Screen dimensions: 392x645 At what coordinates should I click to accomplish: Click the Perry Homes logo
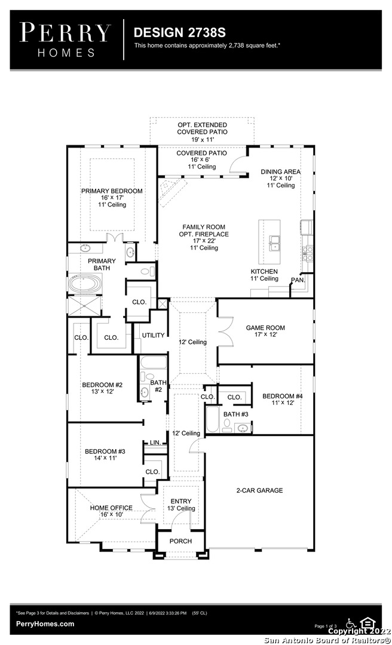[x=65, y=39]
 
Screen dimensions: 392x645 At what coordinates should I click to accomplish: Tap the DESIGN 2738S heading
[x=179, y=32]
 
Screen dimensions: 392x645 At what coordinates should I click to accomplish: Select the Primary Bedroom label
[x=112, y=191]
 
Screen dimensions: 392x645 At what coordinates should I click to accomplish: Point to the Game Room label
[x=265, y=328]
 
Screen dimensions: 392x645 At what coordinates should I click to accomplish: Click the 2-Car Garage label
[x=259, y=490]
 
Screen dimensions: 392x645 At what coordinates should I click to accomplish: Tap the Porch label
[x=181, y=541]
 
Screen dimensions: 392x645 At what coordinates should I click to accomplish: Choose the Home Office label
[x=111, y=508]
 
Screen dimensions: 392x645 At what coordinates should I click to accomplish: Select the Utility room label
[x=153, y=335]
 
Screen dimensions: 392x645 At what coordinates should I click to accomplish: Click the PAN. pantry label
[x=298, y=280]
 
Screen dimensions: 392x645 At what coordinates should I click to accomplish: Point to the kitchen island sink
[x=275, y=243]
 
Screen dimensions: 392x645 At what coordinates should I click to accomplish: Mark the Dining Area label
[x=281, y=171]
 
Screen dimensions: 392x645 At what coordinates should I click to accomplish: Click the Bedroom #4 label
[x=283, y=396]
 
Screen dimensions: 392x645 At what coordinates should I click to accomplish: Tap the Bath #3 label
[x=236, y=414]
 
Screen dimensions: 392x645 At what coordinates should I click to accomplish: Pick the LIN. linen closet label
[x=155, y=443]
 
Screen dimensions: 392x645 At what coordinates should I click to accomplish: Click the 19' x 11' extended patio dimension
[x=202, y=139]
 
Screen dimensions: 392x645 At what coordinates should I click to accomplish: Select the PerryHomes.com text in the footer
[x=45, y=623]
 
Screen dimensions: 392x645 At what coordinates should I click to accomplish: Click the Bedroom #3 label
[x=105, y=451]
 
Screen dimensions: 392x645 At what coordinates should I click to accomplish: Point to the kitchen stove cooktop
[x=308, y=253]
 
